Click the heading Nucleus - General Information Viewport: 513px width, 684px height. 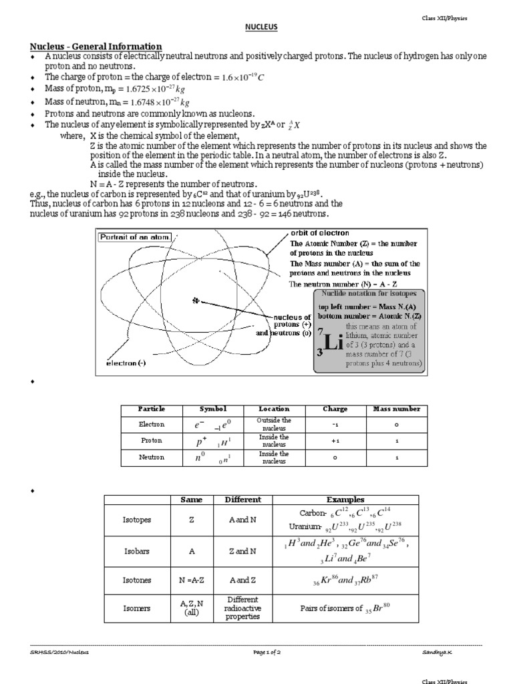point(96,45)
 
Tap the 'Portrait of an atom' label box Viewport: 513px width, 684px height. point(135,237)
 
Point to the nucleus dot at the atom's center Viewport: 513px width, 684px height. point(196,301)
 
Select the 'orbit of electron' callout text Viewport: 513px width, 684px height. point(320,232)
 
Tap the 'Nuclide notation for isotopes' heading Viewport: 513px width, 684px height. point(369,294)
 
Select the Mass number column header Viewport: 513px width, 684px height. point(396,409)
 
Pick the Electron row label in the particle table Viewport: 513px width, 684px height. point(151,424)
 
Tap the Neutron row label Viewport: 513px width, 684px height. point(151,458)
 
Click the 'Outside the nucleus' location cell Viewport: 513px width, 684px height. point(274,424)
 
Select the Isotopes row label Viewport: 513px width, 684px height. point(136,519)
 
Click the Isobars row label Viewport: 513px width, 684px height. point(136,551)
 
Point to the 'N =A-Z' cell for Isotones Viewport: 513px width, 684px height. point(191,580)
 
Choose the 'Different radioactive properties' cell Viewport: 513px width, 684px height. point(242,609)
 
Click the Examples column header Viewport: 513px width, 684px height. point(345,500)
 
